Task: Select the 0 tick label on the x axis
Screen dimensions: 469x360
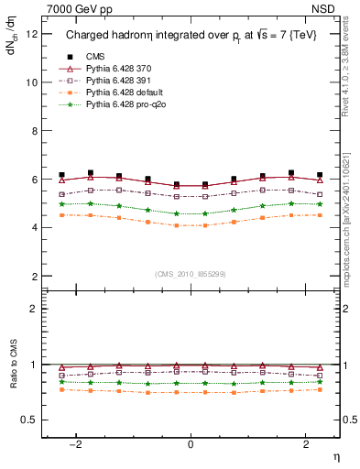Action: pyautogui.click(x=191, y=444)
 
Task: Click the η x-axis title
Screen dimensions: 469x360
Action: pyautogui.click(x=335, y=456)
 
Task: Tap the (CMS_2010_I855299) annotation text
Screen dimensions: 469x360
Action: pyautogui.click(x=191, y=274)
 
